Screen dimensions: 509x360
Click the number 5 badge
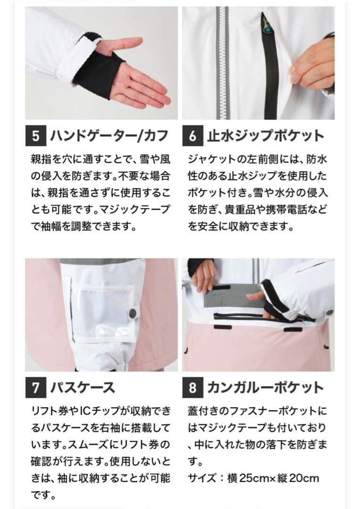click(x=35, y=136)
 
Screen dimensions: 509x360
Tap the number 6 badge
click(x=192, y=136)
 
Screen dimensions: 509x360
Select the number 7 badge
click(x=35, y=388)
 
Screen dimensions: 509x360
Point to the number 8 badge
click(x=192, y=388)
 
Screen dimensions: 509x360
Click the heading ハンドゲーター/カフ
click(x=108, y=136)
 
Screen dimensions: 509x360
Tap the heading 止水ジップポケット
click(x=266, y=136)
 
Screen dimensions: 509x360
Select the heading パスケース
click(x=82, y=388)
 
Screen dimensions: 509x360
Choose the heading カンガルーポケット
click(x=265, y=388)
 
